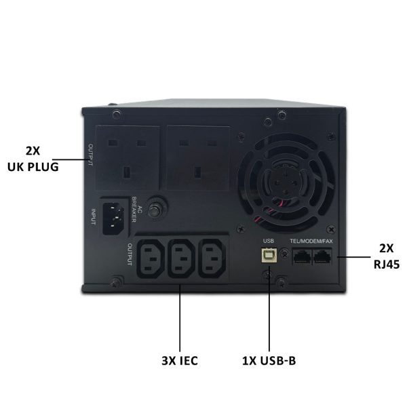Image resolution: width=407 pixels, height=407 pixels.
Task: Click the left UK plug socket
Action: coord(128,158)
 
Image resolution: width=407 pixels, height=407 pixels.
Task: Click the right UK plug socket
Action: coord(198,158)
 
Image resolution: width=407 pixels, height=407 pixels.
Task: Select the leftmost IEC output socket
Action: coord(151,259)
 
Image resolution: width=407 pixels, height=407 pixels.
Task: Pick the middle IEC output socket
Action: coord(181,259)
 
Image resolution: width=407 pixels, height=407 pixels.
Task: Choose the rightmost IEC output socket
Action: coord(212,259)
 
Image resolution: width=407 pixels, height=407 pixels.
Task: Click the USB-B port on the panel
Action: coord(269,255)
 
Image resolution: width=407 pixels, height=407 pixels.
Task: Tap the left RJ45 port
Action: coord(302,256)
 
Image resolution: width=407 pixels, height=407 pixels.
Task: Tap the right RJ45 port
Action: coord(322,256)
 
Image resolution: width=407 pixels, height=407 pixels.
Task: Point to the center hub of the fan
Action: coord(286,182)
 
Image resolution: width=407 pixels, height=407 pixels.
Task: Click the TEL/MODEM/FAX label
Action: coord(311,241)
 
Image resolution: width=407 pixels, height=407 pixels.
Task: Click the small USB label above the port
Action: coord(269,241)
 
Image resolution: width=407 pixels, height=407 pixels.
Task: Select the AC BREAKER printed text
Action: coord(136,209)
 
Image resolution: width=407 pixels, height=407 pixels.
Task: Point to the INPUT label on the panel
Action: coord(93,217)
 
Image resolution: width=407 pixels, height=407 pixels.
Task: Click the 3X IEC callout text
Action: coord(180,361)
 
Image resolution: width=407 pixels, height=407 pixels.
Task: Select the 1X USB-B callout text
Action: coord(269,361)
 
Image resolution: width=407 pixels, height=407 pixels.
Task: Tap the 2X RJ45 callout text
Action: coord(387,256)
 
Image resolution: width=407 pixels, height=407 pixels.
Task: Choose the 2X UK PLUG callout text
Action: coord(33,159)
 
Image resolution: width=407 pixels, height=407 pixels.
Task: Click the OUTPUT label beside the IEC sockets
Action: coord(130,254)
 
